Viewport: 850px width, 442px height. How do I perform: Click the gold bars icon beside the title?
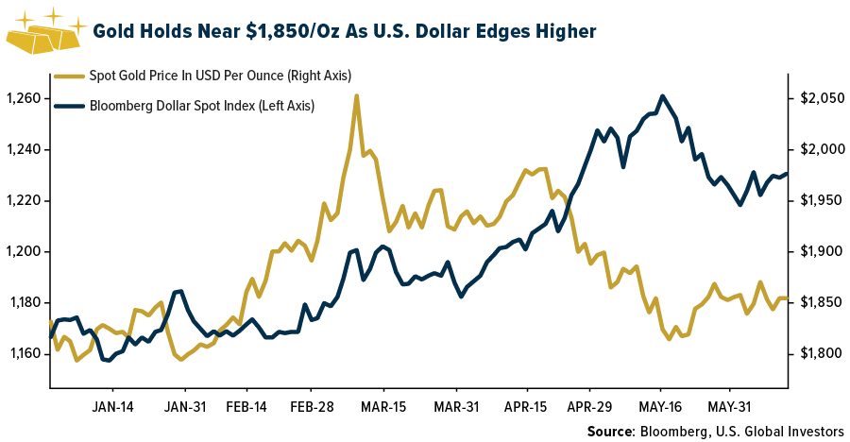tap(42, 33)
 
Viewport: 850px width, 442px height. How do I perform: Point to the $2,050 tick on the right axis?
tap(819, 99)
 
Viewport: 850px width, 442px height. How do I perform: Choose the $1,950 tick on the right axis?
tap(819, 201)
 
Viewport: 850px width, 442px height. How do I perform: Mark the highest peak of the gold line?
tap(356, 95)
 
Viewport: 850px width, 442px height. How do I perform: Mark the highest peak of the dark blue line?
tap(662, 96)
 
